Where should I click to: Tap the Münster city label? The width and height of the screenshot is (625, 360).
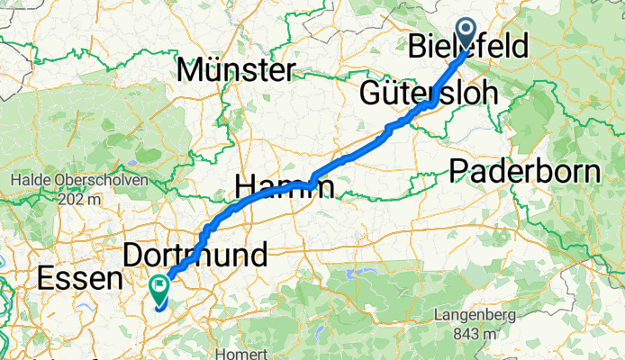click(x=237, y=69)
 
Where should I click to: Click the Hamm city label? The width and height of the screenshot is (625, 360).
click(x=283, y=187)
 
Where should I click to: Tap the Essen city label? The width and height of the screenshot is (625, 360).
click(x=79, y=279)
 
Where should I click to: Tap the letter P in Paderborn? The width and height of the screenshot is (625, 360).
click(x=458, y=170)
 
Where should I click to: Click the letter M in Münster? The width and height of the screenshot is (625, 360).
click(x=191, y=69)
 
